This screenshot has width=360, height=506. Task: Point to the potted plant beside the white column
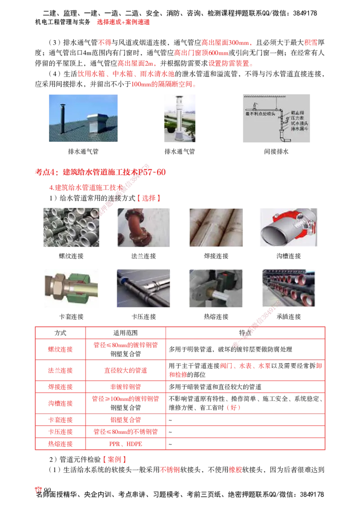pos(192,130)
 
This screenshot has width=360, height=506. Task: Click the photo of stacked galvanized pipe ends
pos(72,226)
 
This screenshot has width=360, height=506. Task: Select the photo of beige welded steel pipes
pos(216,226)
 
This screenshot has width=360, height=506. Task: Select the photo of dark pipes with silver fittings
pos(144,288)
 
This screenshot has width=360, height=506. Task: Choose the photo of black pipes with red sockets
pos(288,288)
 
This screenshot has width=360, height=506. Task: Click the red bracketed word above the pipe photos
pos(148,198)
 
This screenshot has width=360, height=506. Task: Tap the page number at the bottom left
pos(39,490)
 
